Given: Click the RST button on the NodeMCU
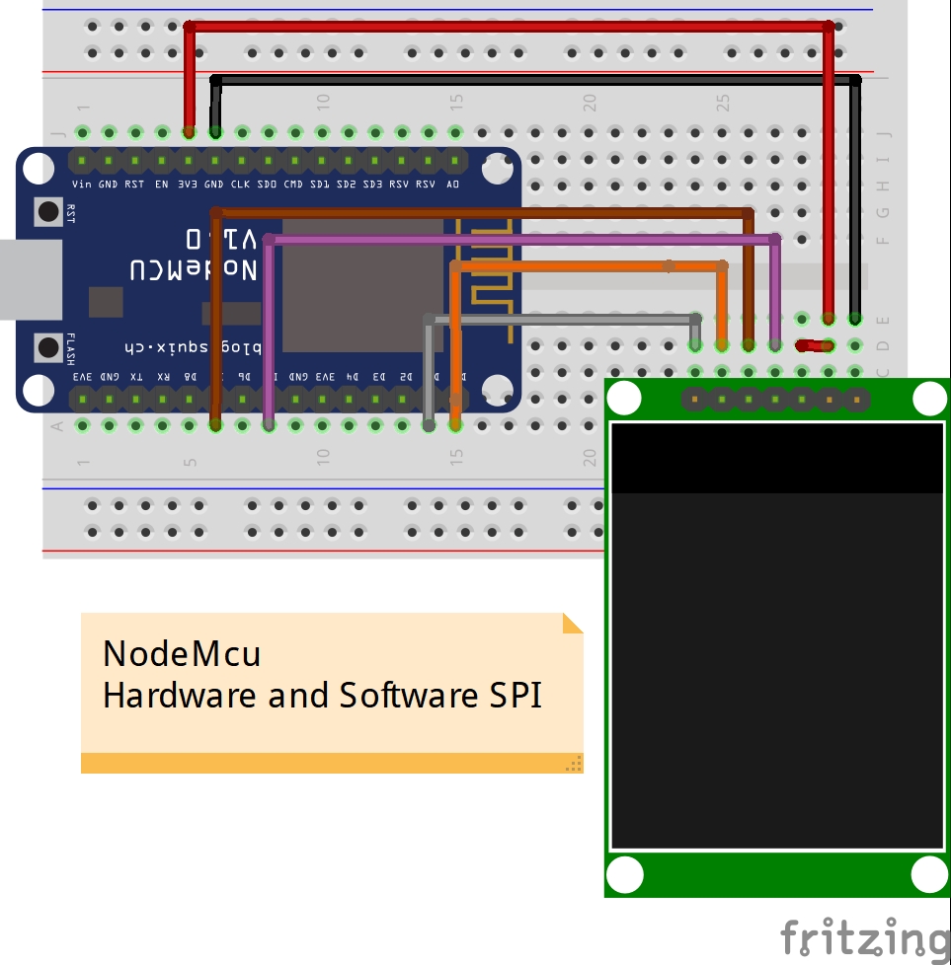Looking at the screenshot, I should point(47,210).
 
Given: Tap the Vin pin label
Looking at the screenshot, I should point(82,185).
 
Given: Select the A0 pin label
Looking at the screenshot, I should point(452,185).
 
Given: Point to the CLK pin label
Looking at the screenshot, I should point(241,185).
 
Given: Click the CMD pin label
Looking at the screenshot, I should point(293,185).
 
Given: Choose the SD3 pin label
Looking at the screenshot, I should point(372,185).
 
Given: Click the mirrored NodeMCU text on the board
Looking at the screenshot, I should point(194,268).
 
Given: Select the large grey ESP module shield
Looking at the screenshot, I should point(362,286).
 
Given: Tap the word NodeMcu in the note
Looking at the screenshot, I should point(182,653).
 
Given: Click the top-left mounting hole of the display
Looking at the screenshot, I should point(624,398).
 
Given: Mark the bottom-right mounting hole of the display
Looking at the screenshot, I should point(929,875).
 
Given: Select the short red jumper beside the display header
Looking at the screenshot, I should point(814,345).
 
